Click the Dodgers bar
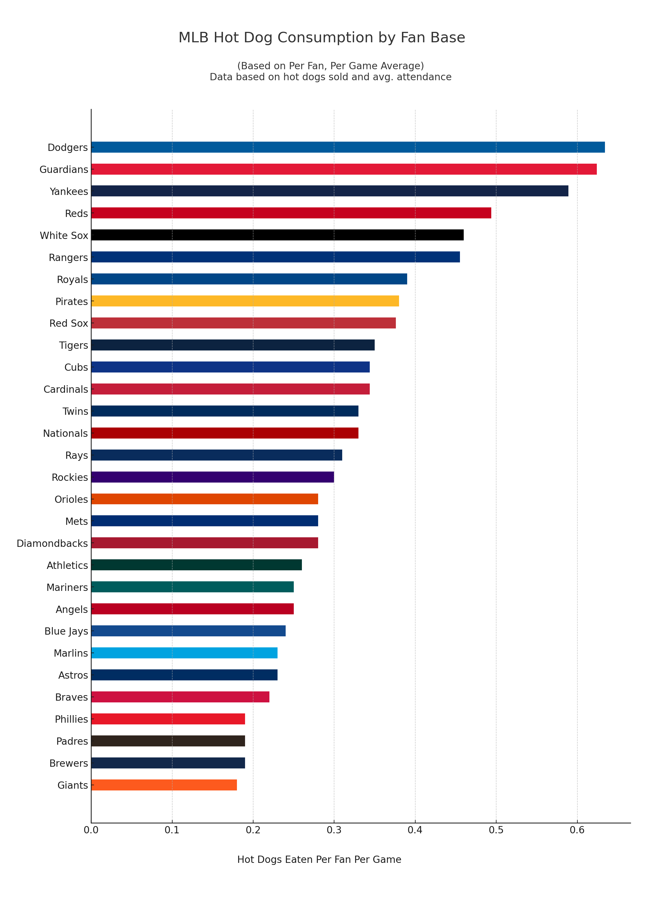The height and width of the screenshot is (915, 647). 348,147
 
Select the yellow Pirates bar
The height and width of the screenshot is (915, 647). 245,301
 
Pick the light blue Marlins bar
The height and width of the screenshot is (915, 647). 184,653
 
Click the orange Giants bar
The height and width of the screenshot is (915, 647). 164,785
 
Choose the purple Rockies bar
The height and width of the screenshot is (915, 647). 213,477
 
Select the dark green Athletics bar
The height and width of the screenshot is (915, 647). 197,565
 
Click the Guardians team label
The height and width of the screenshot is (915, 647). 64,169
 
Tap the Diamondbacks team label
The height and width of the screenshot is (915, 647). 52,543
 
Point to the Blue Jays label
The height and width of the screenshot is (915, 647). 66,631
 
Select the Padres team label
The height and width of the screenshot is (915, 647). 72,741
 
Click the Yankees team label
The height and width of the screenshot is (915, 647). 69,191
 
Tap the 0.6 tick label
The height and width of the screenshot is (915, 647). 577,830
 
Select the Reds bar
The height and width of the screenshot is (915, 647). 291,213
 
